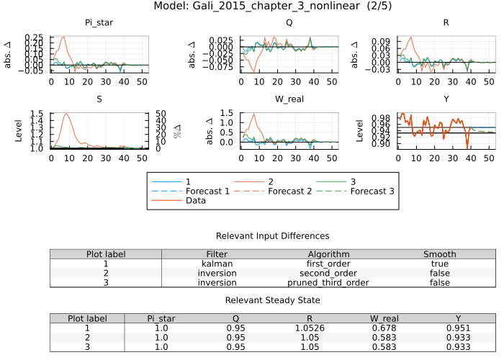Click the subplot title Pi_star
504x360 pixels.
click(99, 23)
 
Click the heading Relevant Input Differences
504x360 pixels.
click(273, 236)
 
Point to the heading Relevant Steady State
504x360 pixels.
click(273, 300)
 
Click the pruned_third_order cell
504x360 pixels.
click(329, 283)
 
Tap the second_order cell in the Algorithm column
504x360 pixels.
click(329, 274)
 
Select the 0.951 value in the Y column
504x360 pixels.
click(459, 328)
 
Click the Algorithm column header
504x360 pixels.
click(329, 254)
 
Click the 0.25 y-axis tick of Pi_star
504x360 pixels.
click(35, 37)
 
